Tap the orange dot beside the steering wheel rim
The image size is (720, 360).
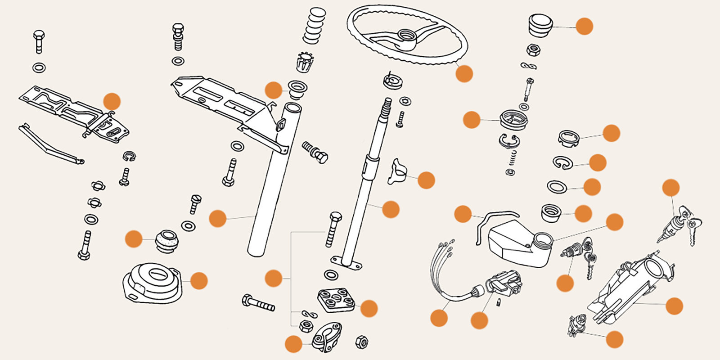click(x=464, y=73)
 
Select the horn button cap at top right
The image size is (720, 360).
click(x=540, y=25)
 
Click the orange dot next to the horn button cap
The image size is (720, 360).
click(x=584, y=27)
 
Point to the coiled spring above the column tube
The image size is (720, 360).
click(x=315, y=26)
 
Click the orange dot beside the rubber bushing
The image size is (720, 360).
click(x=134, y=239)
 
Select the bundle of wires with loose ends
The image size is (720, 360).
click(x=443, y=270)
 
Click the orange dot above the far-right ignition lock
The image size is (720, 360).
click(x=670, y=188)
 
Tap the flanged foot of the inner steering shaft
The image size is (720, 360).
click(x=346, y=262)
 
